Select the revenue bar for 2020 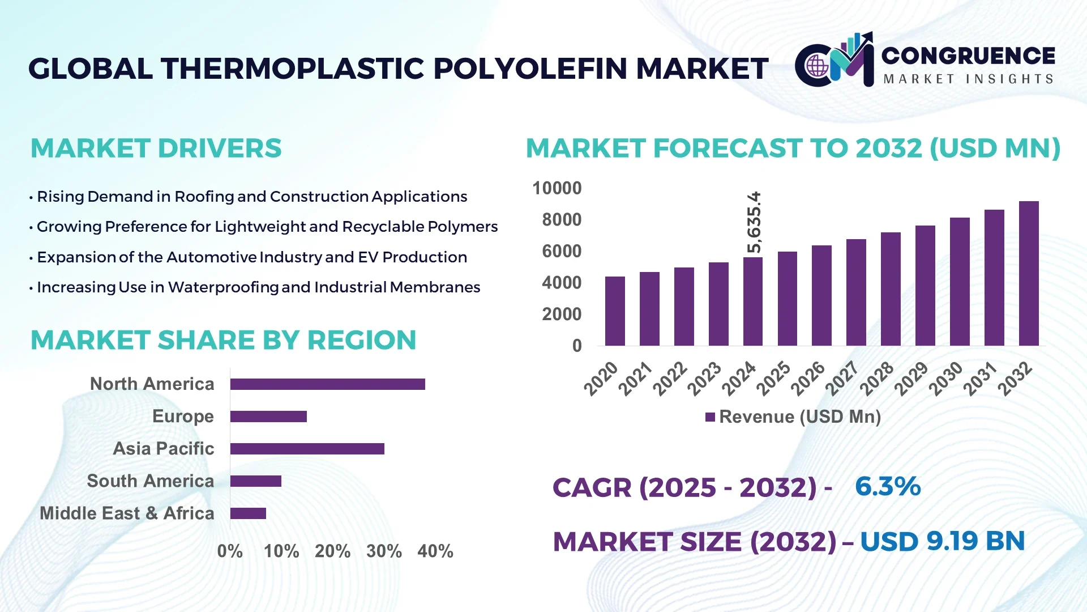[x=615, y=311]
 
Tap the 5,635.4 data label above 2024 [x=754, y=222]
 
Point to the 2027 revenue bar [x=856, y=292]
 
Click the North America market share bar [x=327, y=384]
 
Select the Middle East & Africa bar [x=248, y=513]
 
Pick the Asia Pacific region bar [x=307, y=449]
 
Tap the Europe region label [x=183, y=416]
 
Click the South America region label [x=150, y=481]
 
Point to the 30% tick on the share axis [x=384, y=551]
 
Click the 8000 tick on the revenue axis [x=561, y=220]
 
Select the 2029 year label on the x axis [x=911, y=379]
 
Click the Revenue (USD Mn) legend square [x=710, y=418]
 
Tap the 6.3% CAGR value [x=888, y=487]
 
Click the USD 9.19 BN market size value [x=942, y=541]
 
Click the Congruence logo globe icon [x=817, y=66]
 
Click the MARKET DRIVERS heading [x=156, y=148]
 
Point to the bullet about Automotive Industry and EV [x=252, y=257]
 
